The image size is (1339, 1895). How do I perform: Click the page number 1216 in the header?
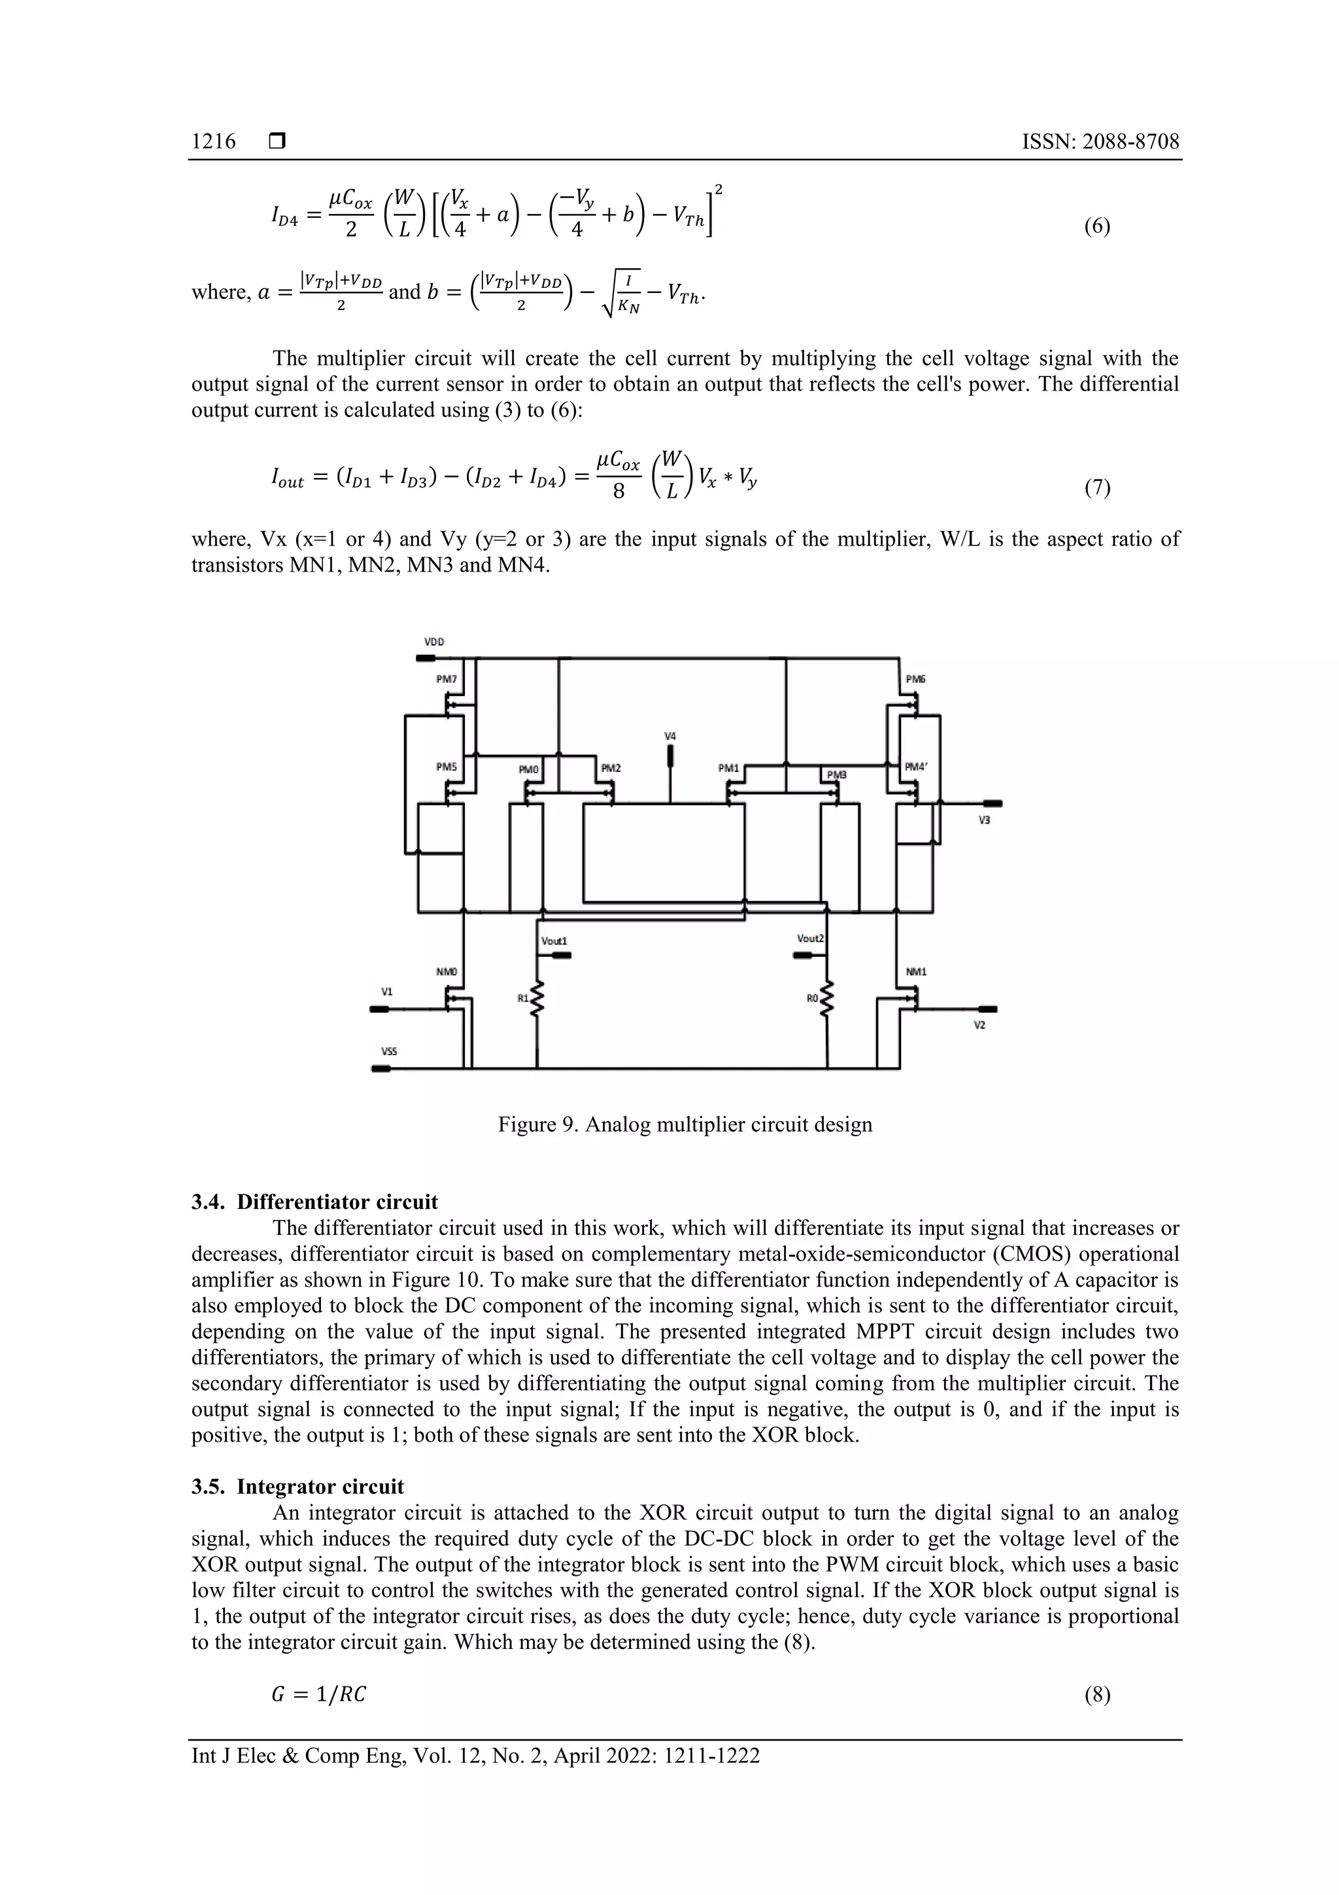click(213, 141)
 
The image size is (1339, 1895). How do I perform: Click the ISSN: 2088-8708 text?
click(1100, 141)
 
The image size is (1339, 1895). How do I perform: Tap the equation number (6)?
click(1096, 226)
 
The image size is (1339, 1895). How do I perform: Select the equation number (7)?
click(1096, 488)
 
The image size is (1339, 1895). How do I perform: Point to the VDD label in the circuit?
click(434, 641)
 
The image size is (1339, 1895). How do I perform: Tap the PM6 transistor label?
click(915, 679)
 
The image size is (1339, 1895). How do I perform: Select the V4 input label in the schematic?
click(670, 735)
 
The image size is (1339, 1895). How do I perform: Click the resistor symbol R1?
click(538, 1000)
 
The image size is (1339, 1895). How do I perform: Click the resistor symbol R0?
click(828, 1000)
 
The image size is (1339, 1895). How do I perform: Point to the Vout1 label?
click(554, 941)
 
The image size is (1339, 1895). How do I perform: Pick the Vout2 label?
click(810, 939)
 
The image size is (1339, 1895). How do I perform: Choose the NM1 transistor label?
click(916, 971)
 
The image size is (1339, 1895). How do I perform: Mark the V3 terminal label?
click(983, 820)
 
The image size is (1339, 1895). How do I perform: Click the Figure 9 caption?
click(685, 1124)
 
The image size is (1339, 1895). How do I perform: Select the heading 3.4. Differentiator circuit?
click(314, 1202)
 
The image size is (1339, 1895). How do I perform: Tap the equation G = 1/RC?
click(318, 1694)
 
